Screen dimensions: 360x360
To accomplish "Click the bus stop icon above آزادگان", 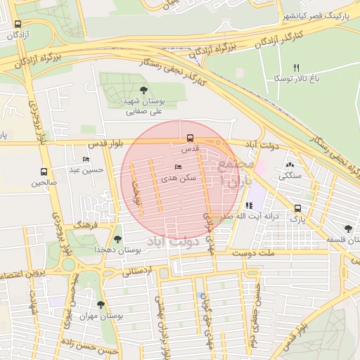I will [x=17, y=24].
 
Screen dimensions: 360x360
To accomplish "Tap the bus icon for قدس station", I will [x=190, y=138].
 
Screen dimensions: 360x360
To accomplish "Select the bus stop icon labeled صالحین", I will [x=44, y=172].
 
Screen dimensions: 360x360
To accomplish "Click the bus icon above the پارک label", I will [x=298, y=208].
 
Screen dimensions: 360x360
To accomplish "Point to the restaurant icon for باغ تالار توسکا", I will [x=296, y=67].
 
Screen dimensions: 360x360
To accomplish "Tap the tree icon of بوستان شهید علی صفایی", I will [x=144, y=89].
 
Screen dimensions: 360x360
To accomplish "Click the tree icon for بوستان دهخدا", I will [x=117, y=239].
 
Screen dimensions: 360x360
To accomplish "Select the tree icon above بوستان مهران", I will [x=101, y=304].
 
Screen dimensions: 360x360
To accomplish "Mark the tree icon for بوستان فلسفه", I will [x=348, y=229].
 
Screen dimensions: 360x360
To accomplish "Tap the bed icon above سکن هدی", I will [x=178, y=167].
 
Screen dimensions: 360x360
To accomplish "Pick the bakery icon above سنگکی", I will [x=290, y=164].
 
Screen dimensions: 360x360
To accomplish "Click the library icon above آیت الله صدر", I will [x=249, y=205].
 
